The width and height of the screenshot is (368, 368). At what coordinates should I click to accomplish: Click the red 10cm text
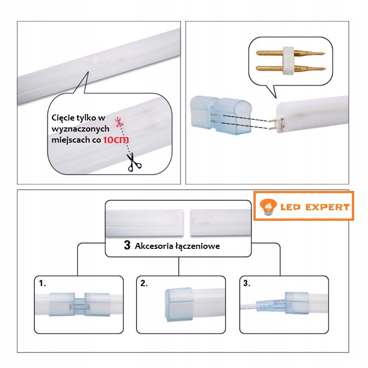(116, 140)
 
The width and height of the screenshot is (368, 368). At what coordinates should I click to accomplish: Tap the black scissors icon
(134, 162)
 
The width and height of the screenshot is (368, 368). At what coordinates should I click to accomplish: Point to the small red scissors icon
(119, 122)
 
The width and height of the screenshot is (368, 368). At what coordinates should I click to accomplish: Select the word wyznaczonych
(80, 129)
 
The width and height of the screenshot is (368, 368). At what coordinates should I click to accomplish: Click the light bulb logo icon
(268, 207)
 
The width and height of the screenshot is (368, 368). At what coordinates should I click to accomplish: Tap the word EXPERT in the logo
(328, 207)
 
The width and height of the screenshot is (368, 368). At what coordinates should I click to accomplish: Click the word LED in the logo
(291, 207)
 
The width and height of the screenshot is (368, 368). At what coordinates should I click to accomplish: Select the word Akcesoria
(151, 246)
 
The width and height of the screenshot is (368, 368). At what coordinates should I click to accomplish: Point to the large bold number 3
(127, 245)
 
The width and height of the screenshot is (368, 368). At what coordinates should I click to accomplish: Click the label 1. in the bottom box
(42, 283)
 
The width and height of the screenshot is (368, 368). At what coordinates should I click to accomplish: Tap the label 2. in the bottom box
(144, 283)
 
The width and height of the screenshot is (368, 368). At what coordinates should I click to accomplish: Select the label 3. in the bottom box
(247, 283)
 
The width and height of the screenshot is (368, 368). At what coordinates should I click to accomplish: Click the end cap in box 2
(179, 305)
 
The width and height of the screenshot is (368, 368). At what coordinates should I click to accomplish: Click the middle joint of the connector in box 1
(80, 305)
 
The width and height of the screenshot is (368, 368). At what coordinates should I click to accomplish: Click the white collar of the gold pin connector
(289, 61)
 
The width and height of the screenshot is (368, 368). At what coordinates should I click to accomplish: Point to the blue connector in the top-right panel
(221, 115)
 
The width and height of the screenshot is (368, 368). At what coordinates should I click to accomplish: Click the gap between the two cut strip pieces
(187, 223)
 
